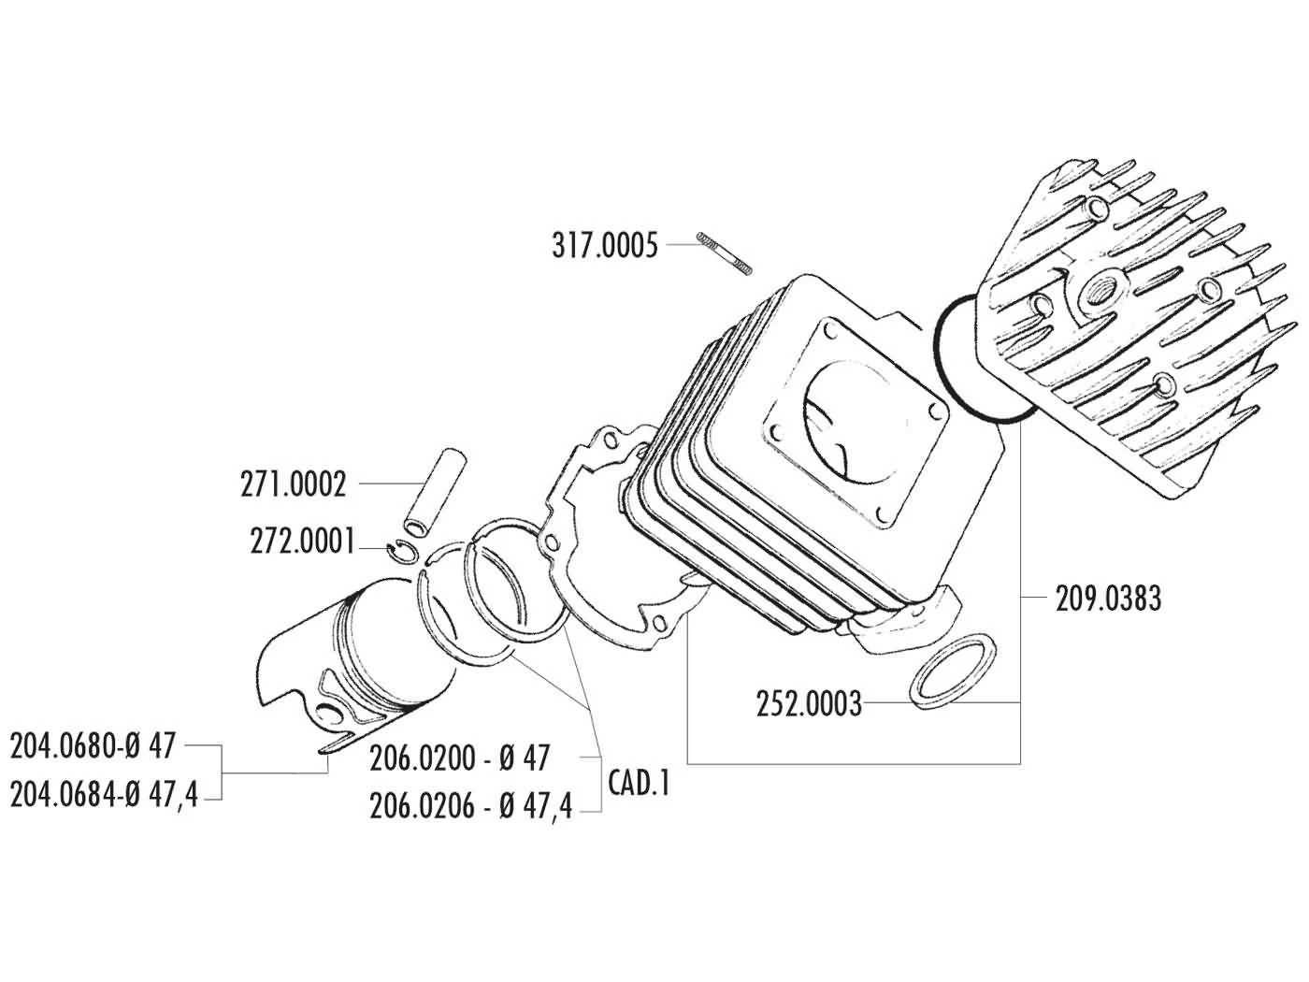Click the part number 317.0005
(604, 246)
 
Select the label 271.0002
(293, 484)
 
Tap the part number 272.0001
(302, 542)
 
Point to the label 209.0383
(1109, 599)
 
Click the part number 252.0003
(809, 703)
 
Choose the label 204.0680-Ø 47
(93, 746)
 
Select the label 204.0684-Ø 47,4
(104, 795)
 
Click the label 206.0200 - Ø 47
(459, 758)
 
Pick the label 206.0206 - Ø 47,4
(470, 806)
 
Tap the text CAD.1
(639, 783)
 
